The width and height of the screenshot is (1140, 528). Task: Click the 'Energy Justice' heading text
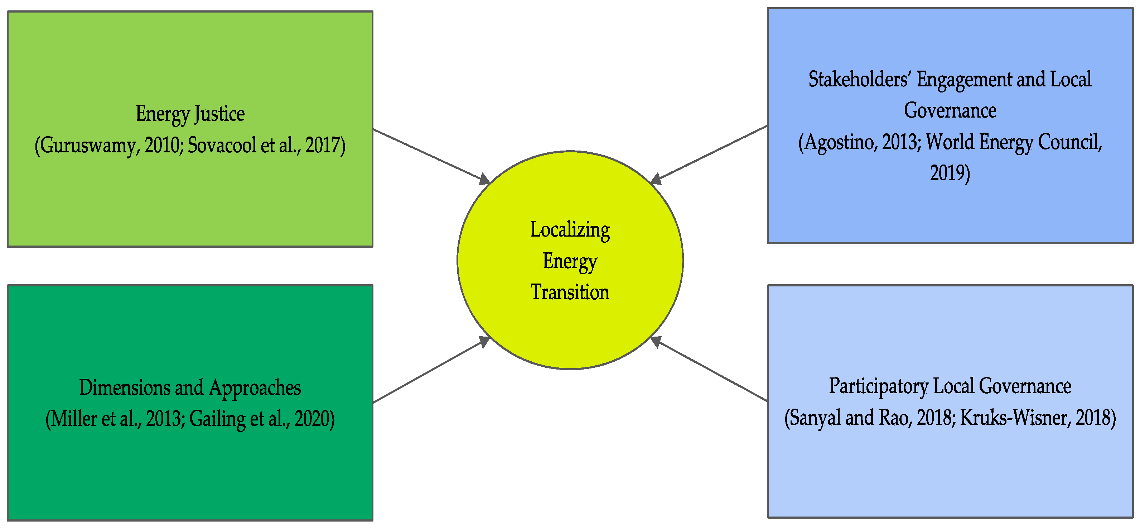coord(190,114)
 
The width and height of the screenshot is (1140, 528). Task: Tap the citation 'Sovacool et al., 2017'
coord(266,145)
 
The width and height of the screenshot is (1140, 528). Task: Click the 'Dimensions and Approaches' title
coord(190,387)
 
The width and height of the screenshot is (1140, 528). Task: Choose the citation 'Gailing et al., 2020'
coord(261,419)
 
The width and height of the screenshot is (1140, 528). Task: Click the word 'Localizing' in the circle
coord(570,230)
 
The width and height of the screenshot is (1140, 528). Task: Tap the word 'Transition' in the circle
coord(570,292)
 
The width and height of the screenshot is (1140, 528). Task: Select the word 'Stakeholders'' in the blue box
coord(859,80)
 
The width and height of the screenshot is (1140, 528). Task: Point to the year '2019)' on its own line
coord(950,173)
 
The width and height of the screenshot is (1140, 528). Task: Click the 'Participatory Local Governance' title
coord(950,386)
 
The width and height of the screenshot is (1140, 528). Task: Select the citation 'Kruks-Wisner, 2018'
coord(1037,418)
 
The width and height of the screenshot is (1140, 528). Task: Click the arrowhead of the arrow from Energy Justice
coord(485,179)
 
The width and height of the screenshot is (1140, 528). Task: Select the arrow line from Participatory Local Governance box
coord(712,370)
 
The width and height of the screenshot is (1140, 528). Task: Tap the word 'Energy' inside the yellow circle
coord(570,261)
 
